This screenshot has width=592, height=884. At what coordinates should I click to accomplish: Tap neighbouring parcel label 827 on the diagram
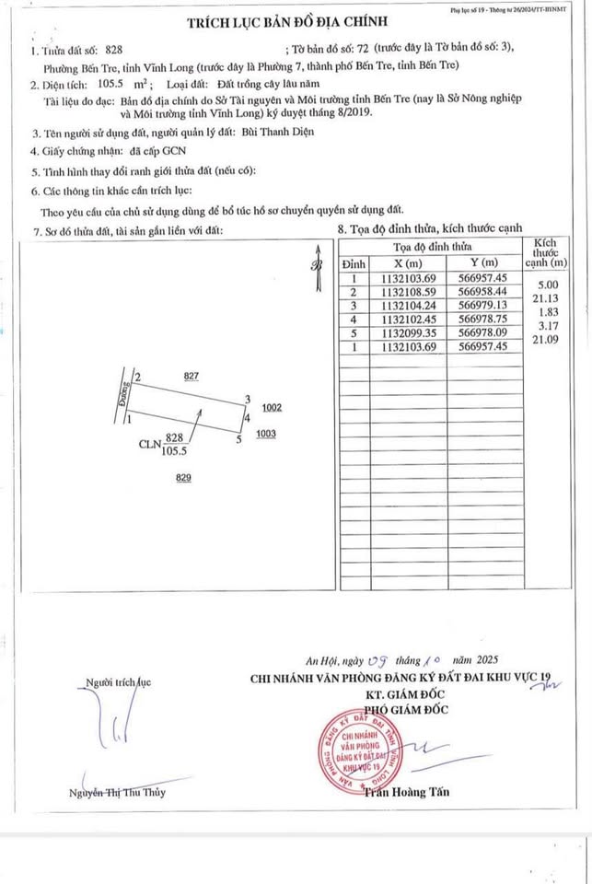pos(192,377)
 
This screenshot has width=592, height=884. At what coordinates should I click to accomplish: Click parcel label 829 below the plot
pos(183,477)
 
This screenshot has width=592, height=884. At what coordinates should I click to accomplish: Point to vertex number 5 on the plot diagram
pos(238,440)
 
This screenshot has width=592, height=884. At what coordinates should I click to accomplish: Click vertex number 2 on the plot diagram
pos(137,378)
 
